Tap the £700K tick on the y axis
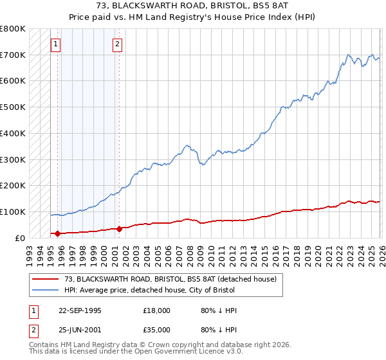[13, 55]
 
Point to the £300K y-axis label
[13, 159]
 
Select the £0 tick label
[19, 238]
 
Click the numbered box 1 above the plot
[56, 44]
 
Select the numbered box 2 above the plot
[117, 44]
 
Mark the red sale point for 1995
[57, 233]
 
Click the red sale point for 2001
[119, 229]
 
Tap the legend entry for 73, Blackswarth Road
[170, 279]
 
